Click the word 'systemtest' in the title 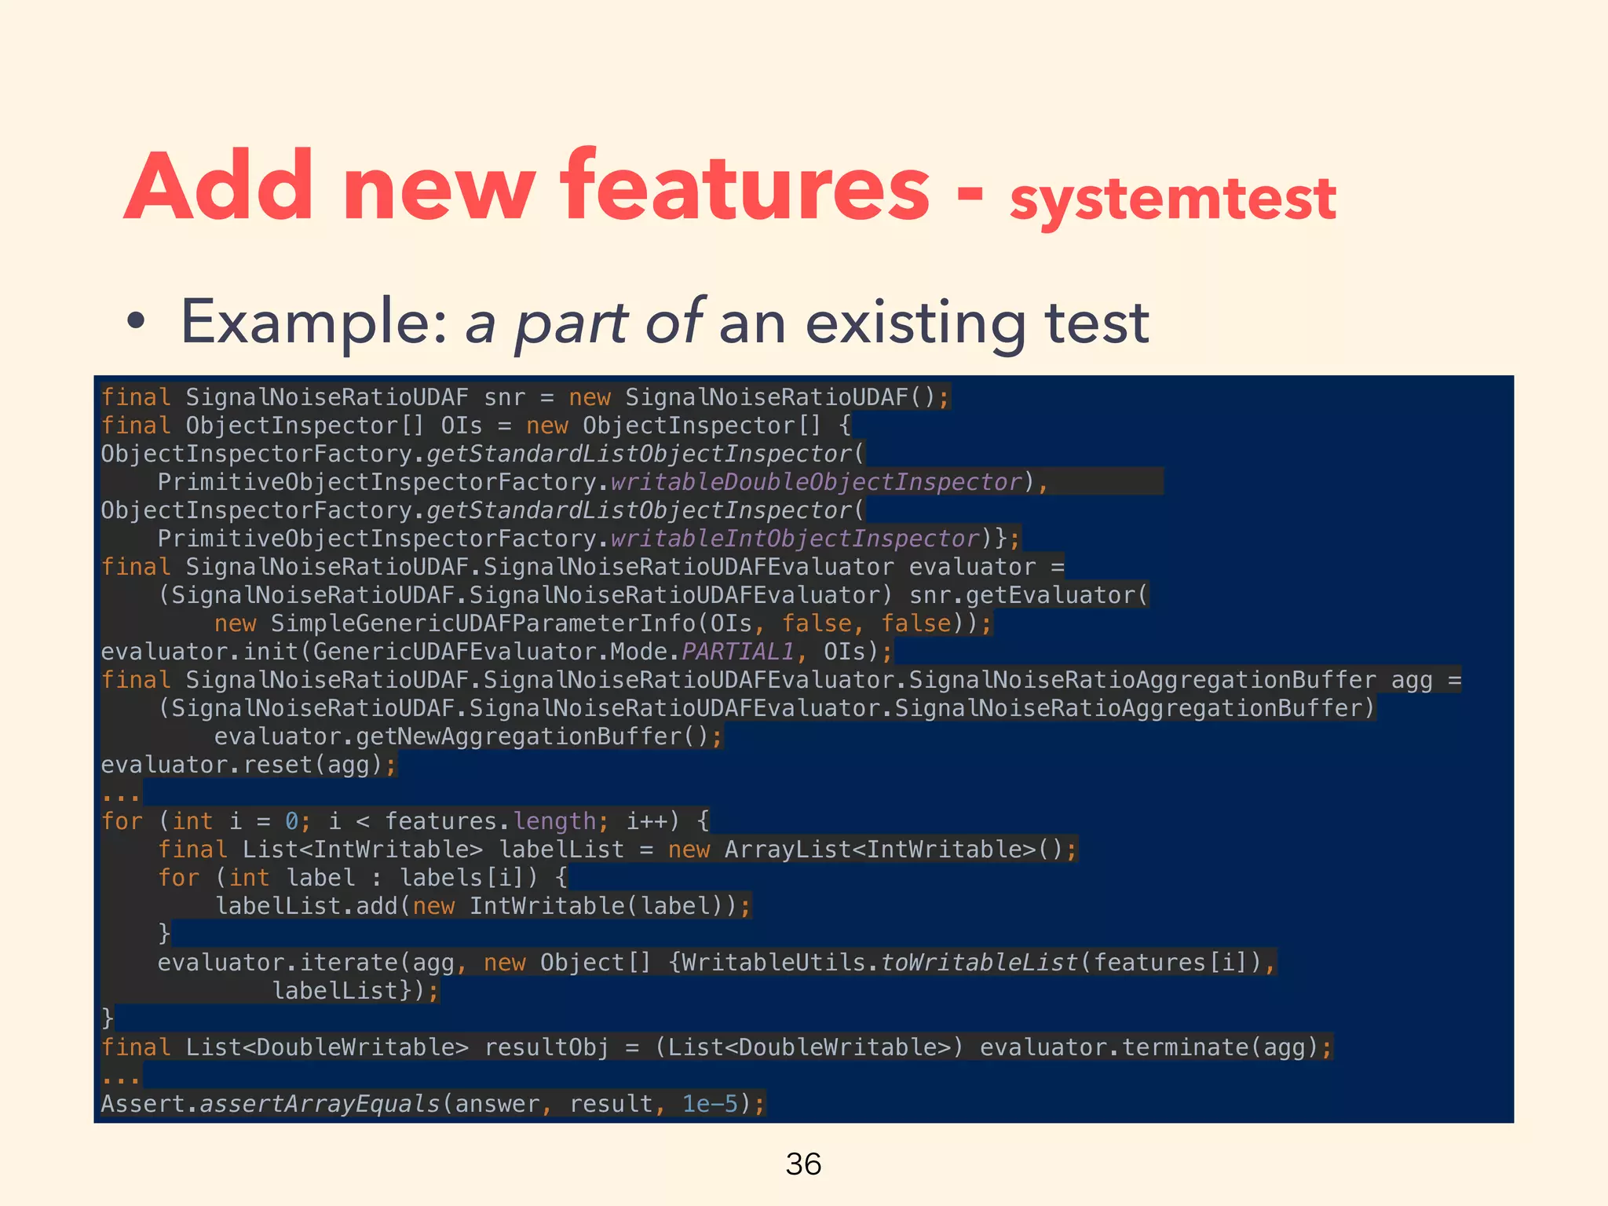[1172, 198]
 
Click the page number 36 [803, 1164]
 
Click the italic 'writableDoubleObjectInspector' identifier [817, 482]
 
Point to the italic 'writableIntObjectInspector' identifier [795, 539]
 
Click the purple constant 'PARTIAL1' [738, 652]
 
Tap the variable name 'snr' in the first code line [504, 397]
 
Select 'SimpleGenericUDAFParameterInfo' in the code [483, 623]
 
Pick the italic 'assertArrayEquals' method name [320, 1104]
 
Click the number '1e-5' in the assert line [710, 1104]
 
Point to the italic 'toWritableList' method [979, 963]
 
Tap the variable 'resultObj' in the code [546, 1047]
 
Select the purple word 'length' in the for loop [554, 821]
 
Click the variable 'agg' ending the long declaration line [1412, 680]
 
